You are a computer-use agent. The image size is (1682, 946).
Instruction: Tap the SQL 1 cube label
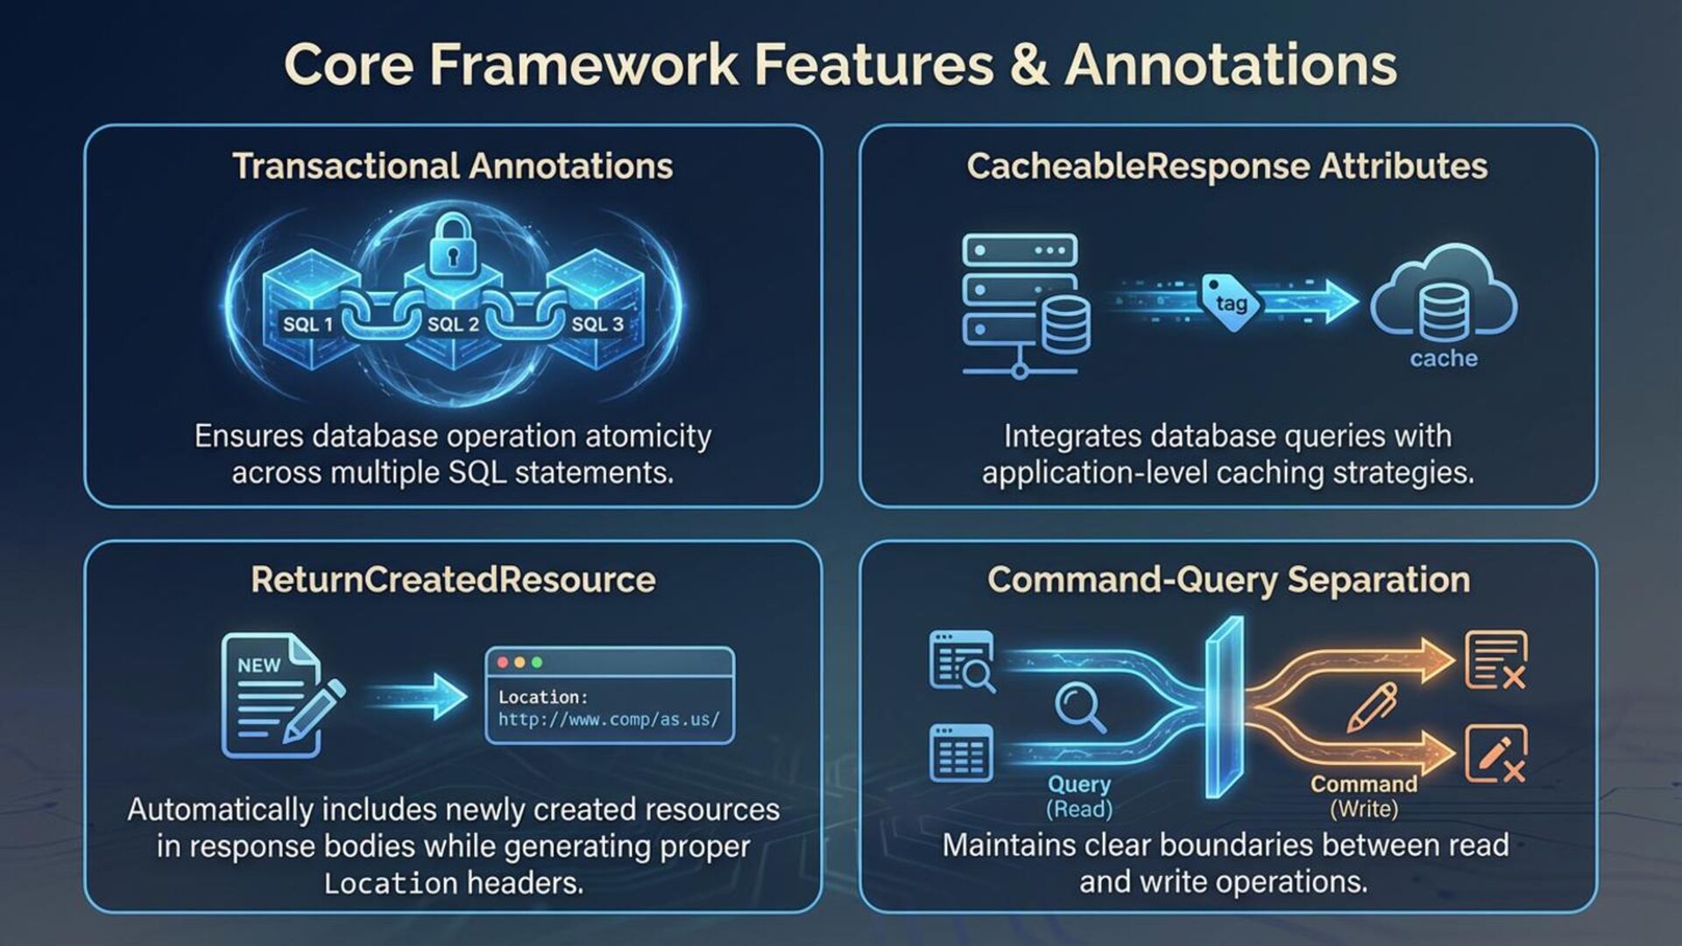(x=307, y=324)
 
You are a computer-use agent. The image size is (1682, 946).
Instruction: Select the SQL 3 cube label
(x=597, y=324)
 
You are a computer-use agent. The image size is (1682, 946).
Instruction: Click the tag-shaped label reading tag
(x=1231, y=303)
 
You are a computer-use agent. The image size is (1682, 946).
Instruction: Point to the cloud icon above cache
(x=1444, y=294)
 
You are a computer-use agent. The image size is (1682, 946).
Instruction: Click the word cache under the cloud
(x=1444, y=358)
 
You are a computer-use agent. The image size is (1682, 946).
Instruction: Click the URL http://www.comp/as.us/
(x=609, y=720)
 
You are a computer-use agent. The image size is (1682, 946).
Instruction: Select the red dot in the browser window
(x=503, y=662)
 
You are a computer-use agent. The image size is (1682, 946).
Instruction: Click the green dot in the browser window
(x=537, y=662)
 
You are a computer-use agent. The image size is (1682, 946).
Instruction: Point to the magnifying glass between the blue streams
(x=1079, y=707)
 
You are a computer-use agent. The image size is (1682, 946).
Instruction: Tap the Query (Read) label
(x=1079, y=795)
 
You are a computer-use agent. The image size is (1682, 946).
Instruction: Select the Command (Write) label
(x=1363, y=795)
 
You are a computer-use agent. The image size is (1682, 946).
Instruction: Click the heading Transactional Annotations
(x=452, y=166)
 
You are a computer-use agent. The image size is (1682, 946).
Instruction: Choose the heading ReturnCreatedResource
(x=453, y=580)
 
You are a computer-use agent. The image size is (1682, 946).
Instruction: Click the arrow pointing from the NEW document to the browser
(x=420, y=696)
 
